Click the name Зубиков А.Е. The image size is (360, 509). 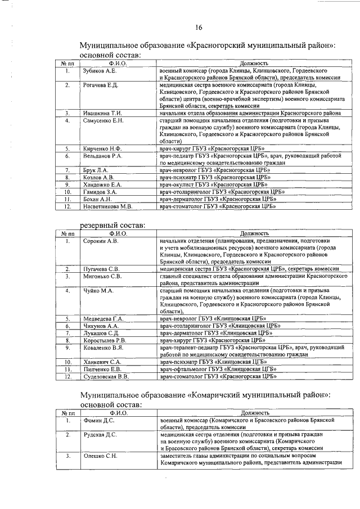point(99,71)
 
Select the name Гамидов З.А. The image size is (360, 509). point(100,192)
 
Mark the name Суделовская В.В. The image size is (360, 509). point(106,376)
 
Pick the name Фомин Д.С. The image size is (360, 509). point(97,420)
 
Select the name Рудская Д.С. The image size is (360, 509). point(100,435)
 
